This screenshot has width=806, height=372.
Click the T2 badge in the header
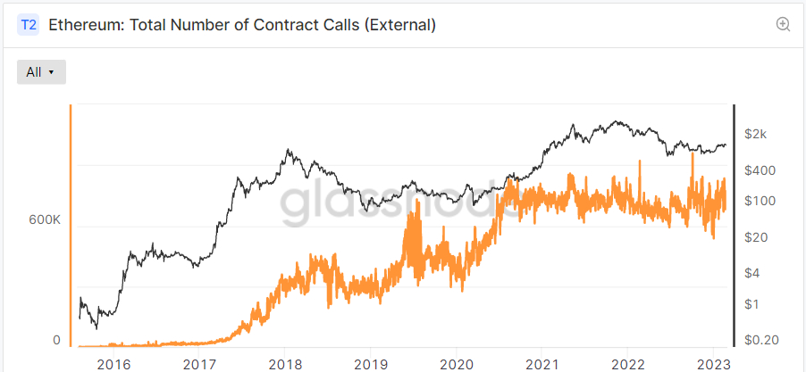click(x=29, y=25)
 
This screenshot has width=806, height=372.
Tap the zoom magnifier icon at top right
click(x=784, y=25)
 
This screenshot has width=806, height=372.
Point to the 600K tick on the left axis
click(x=44, y=219)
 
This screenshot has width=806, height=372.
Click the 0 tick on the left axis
click(x=55, y=340)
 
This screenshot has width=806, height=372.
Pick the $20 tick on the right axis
click(x=759, y=237)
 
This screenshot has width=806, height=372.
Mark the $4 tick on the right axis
click(x=755, y=272)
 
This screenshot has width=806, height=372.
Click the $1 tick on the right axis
click(x=755, y=304)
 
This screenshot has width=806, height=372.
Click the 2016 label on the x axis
click(x=113, y=363)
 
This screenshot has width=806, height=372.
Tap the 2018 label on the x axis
click(x=284, y=363)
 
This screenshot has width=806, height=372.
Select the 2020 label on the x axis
click(x=456, y=363)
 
